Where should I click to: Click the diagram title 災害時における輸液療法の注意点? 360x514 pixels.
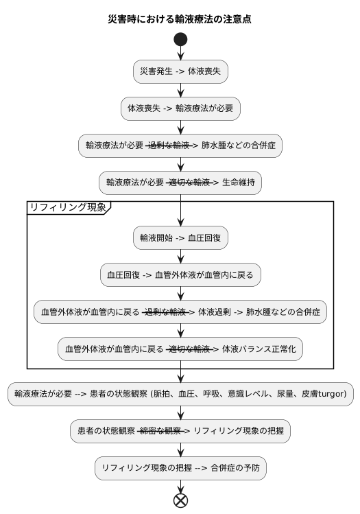180,19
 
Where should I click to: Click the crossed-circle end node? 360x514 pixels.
180,500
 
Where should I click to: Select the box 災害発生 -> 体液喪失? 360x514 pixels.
180,71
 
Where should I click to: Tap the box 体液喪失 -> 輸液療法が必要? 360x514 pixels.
180,108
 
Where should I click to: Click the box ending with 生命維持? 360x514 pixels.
180,182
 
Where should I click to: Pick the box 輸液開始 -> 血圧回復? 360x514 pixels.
180,238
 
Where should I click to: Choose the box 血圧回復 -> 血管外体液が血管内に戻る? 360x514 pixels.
180,275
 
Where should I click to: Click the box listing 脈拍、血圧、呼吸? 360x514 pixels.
180,394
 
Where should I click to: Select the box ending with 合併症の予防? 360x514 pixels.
180,468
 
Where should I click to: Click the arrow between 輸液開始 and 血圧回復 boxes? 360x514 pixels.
180,257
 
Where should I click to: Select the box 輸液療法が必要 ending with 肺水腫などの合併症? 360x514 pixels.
180,145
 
